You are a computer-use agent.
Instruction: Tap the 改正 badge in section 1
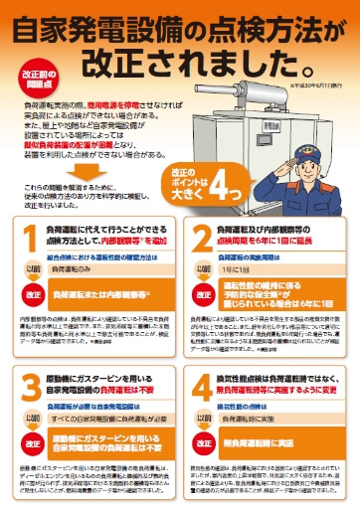point(34,295)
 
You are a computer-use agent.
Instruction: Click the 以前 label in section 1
point(34,268)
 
